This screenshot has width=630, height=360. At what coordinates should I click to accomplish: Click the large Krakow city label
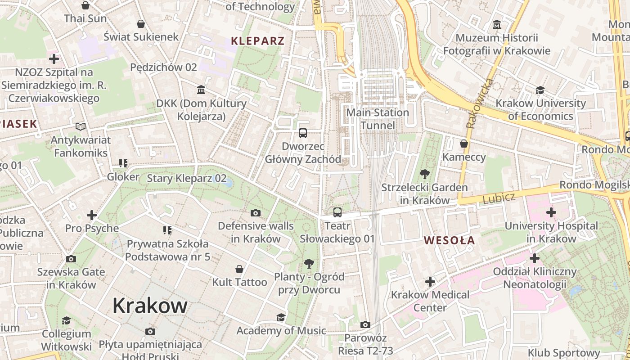pos(150,306)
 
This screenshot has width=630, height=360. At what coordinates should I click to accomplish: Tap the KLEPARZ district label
pos(257,41)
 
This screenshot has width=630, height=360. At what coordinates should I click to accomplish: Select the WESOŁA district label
pos(449,240)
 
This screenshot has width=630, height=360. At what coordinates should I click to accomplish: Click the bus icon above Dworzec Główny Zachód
pos(303,133)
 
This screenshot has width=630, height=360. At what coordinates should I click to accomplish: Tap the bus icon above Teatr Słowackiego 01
pos(337,212)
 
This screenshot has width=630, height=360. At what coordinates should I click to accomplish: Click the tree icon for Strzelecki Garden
pos(424,174)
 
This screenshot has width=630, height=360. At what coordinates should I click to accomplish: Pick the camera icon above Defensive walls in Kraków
pos(256,213)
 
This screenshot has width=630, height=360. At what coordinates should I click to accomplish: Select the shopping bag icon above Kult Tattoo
pos(239,269)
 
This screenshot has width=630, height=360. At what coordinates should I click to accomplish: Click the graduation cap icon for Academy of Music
pos(281,317)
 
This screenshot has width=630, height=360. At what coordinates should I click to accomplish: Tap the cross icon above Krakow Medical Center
pos(430,282)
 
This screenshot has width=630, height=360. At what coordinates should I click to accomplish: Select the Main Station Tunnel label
pos(378,119)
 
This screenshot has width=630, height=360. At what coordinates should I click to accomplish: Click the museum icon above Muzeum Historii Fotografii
pos(497,24)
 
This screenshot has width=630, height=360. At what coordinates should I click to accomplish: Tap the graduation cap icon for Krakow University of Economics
pos(540,90)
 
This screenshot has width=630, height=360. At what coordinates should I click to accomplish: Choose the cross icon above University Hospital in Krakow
pos(551,212)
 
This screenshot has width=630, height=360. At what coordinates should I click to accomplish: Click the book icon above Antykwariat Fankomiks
pos(81,127)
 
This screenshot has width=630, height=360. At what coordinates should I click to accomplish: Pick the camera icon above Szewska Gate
pos(71,259)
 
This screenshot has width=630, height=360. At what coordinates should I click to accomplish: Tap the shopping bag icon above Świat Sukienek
pos(141,23)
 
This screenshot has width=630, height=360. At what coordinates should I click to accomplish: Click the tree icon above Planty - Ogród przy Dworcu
pos(309,263)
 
